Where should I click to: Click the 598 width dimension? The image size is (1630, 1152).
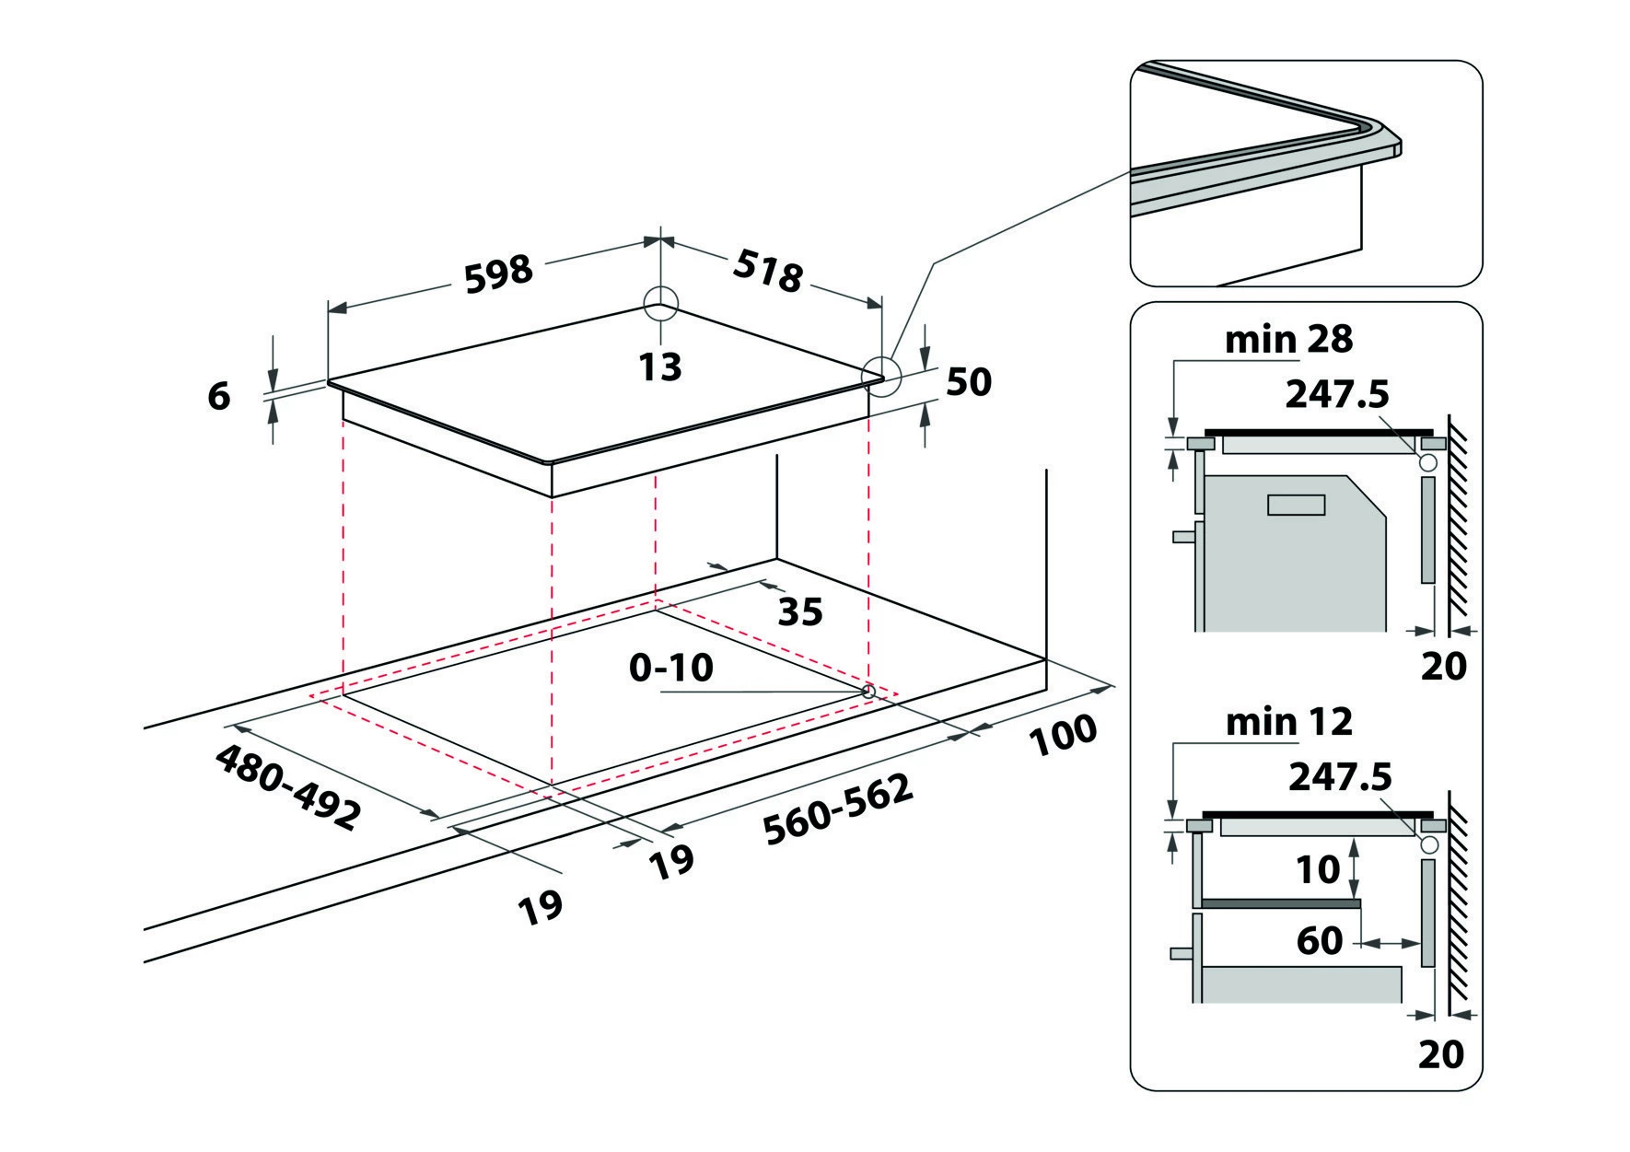tap(498, 274)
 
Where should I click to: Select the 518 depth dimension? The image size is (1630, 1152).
tap(768, 272)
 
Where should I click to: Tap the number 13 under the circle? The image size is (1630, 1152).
tap(661, 366)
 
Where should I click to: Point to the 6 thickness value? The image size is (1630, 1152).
tap(218, 396)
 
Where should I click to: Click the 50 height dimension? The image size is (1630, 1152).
tap(968, 381)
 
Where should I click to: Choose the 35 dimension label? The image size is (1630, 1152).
tap(799, 611)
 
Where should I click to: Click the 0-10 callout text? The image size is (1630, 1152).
tap(671, 668)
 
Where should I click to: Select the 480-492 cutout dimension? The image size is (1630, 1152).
tap(285, 786)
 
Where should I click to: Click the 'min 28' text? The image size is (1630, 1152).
tap(1288, 340)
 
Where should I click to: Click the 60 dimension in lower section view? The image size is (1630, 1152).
tap(1319, 941)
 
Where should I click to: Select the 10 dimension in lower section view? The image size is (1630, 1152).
tap(1317, 869)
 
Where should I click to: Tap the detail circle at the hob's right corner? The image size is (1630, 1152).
tap(879, 378)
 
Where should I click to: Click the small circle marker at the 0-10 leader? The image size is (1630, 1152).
tap(867, 690)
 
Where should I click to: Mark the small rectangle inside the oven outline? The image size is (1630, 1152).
tap(1296, 505)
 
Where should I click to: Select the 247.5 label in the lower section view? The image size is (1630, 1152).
tap(1340, 777)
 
